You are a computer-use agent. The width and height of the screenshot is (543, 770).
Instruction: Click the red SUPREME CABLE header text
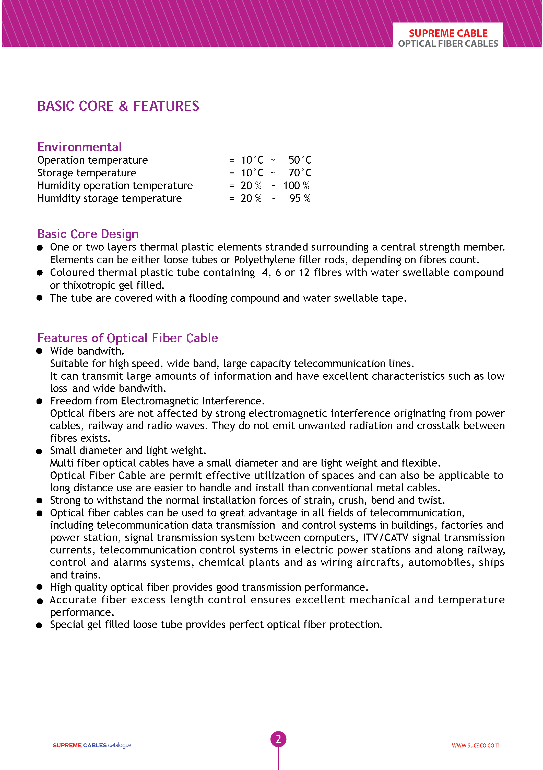point(448,33)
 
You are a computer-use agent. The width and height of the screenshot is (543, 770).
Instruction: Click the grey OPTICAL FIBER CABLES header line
point(448,44)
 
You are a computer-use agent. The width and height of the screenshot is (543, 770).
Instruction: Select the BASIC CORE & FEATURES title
point(118,106)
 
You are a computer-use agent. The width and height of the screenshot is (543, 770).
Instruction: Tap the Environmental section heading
point(79,147)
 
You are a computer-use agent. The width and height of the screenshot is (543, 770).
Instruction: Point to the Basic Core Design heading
point(88,234)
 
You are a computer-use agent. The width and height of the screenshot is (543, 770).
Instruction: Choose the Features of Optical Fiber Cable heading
point(128,338)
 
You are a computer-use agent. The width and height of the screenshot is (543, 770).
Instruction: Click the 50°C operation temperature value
point(300,160)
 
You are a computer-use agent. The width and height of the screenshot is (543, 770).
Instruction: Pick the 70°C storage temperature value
point(300,173)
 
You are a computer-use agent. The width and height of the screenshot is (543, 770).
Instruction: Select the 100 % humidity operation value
point(296,185)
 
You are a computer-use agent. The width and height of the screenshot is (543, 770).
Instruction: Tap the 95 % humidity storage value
point(300,198)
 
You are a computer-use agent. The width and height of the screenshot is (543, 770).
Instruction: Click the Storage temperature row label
point(87,173)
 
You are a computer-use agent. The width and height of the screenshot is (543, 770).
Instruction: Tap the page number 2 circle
point(278,739)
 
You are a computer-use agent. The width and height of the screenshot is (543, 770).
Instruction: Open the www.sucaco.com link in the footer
point(475,745)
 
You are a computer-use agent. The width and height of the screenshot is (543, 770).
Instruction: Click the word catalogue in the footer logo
point(120,745)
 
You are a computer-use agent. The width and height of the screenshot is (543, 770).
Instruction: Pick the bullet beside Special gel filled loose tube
point(39,625)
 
